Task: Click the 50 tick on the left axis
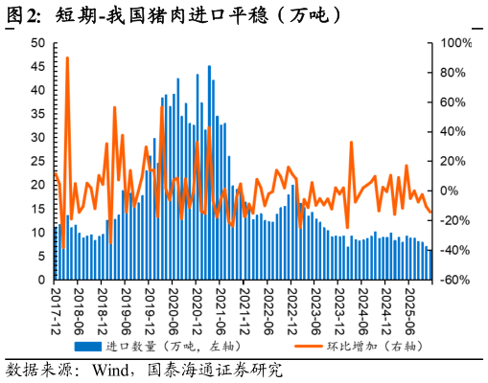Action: point(37,43)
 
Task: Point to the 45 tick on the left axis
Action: point(37,67)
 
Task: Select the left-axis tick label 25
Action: point(37,162)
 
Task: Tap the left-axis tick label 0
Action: point(41,281)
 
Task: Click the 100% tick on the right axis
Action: point(456,43)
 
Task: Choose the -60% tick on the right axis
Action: point(454,281)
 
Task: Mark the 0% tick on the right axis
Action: point(451,191)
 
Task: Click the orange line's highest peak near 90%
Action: point(66,58)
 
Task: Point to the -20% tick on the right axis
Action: point(454,221)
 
